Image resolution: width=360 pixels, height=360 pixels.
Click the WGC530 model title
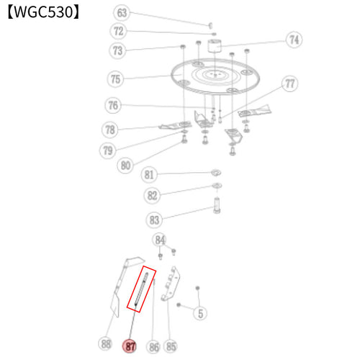pyautogui.click(x=43, y=12)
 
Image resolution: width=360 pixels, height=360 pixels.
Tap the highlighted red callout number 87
pyautogui.click(x=130, y=346)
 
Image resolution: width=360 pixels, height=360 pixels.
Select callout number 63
pyautogui.click(x=122, y=13)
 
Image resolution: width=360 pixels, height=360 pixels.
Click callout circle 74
pyautogui.click(x=294, y=40)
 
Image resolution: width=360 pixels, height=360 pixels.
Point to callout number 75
pyautogui.click(x=115, y=79)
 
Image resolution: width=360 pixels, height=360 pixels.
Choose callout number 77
pyautogui.click(x=289, y=84)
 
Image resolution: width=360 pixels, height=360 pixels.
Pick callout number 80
pyautogui.click(x=125, y=165)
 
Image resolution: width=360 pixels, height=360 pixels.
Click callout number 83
pyautogui.click(x=154, y=220)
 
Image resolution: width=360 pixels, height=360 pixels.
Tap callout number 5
pyautogui.click(x=200, y=313)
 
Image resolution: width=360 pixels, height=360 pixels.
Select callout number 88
pyautogui.click(x=106, y=343)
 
